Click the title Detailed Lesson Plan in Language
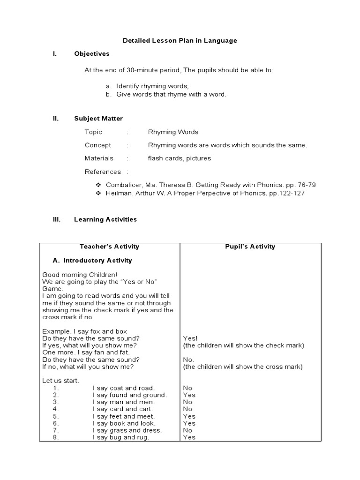180,41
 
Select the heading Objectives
91,54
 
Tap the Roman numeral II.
55,119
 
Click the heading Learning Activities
105,219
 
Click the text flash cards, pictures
180,158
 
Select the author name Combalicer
124,185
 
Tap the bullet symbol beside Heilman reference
98,193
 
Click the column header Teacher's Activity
109,247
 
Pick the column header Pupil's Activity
251,247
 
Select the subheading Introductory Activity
97,261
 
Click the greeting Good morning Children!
80,275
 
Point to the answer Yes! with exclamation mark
190,338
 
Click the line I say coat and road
124,388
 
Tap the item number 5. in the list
56,416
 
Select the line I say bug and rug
121,437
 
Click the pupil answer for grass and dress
187,430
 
